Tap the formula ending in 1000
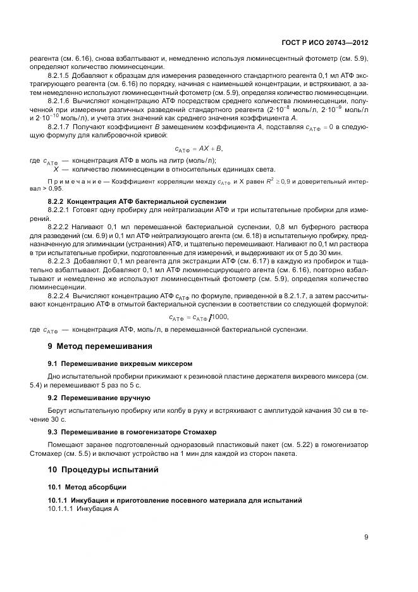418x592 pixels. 199,317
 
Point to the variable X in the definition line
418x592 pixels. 56,169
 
